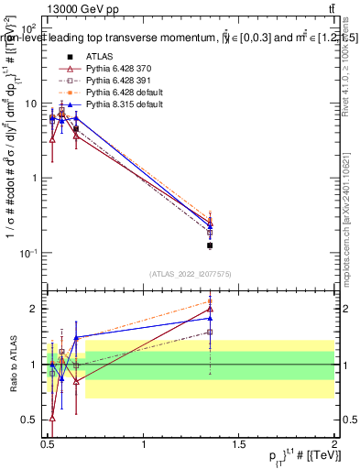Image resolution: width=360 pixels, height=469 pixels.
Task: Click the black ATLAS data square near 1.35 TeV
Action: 210,245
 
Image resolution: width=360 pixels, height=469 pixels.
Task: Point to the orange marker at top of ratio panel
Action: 210,301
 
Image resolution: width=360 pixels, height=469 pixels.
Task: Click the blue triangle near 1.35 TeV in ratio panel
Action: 210,318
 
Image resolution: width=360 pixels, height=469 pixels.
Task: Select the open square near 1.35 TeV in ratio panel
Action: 210,332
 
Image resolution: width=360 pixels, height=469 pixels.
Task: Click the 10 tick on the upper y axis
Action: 32,104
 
